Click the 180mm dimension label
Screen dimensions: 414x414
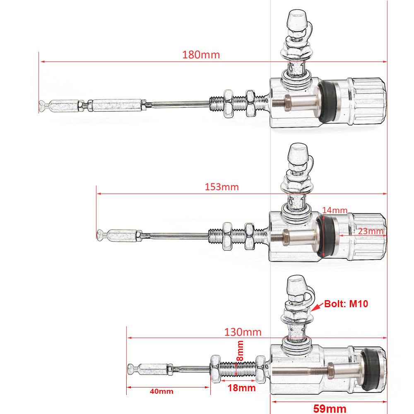(x=201, y=55)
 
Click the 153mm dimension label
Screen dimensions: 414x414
(x=221, y=187)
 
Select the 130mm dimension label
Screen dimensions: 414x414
(x=243, y=332)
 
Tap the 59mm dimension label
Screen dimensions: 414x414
(x=330, y=409)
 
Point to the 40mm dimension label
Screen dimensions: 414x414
(x=162, y=391)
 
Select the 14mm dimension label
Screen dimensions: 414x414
(x=335, y=211)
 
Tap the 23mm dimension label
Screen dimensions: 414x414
(x=371, y=231)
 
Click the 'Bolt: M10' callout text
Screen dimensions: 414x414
(x=346, y=304)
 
